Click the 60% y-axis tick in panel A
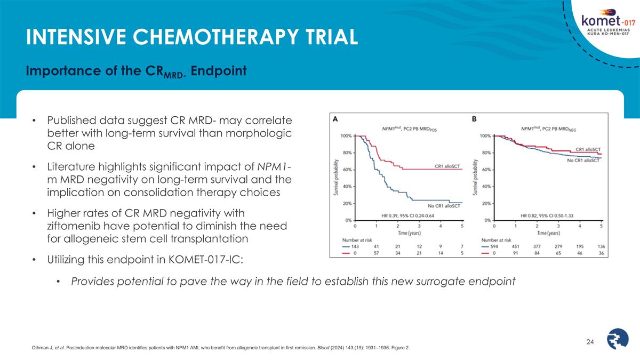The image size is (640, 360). [346, 170]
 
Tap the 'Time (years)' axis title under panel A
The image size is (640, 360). [410, 234]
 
